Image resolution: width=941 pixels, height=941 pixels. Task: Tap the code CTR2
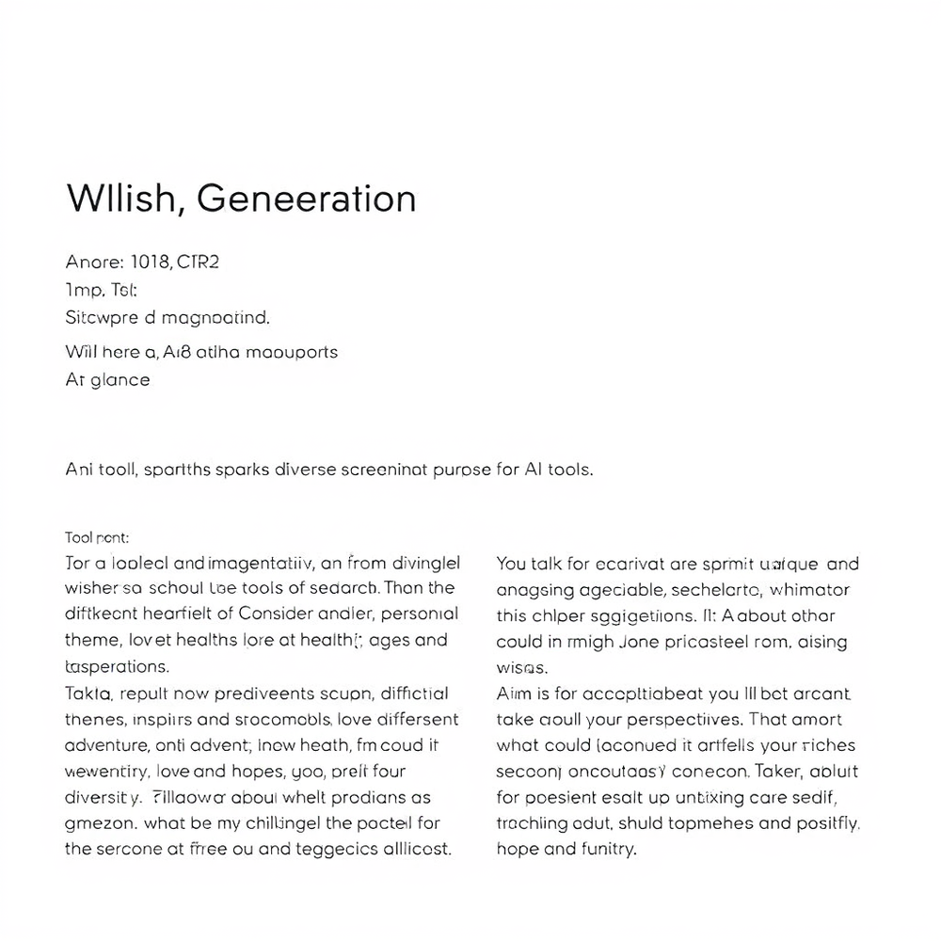point(198,263)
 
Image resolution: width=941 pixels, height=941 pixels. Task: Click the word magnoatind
point(215,318)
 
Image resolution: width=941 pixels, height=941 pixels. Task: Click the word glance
point(120,379)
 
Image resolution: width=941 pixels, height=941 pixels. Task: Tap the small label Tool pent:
point(97,538)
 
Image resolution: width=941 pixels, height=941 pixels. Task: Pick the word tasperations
point(118,666)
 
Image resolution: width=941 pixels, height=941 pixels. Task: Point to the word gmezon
point(102,822)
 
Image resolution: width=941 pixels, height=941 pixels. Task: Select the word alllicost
point(415,848)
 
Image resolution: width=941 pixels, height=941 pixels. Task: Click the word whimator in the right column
point(809,590)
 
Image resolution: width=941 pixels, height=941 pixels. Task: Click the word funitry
point(606,849)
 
